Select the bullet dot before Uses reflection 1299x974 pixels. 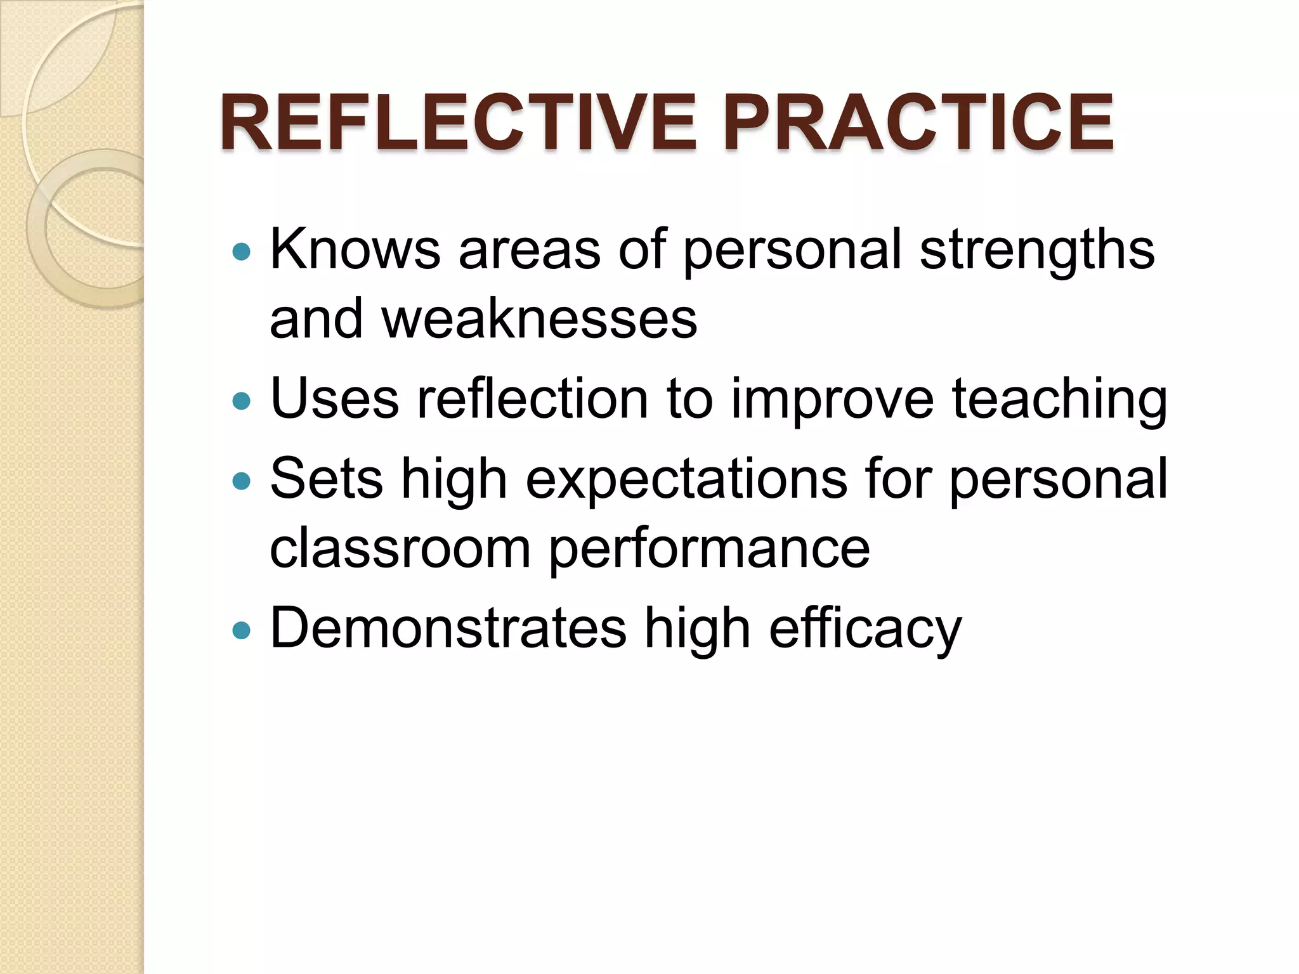[242, 401]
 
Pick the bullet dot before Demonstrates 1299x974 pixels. [242, 630]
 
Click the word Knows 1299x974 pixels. [355, 250]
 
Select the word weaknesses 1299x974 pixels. [539, 318]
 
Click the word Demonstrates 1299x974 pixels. [448, 628]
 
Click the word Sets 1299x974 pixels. [326, 479]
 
